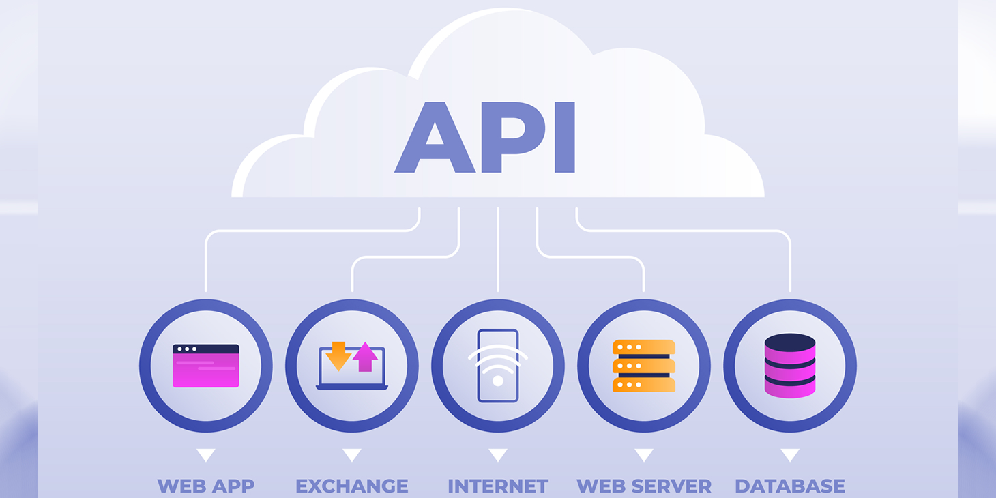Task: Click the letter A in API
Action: [x=435, y=140]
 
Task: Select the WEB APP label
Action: [x=206, y=486]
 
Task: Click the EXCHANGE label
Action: [x=352, y=486]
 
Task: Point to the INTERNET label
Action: [x=498, y=486]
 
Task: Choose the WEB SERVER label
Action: [x=644, y=486]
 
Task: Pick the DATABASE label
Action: [x=790, y=486]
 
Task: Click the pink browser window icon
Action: [x=206, y=366]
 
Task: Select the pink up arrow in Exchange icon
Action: [x=366, y=356]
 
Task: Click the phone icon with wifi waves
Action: [x=498, y=366]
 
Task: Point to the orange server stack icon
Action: [x=644, y=366]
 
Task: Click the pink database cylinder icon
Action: [x=790, y=366]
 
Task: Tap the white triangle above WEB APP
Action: [x=206, y=454]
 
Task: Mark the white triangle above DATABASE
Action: [x=790, y=454]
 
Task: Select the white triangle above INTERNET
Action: [x=498, y=454]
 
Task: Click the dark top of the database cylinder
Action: [x=790, y=342]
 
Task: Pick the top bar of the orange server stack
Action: [x=644, y=347]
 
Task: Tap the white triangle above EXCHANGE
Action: [x=352, y=454]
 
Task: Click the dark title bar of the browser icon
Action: [x=206, y=349]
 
